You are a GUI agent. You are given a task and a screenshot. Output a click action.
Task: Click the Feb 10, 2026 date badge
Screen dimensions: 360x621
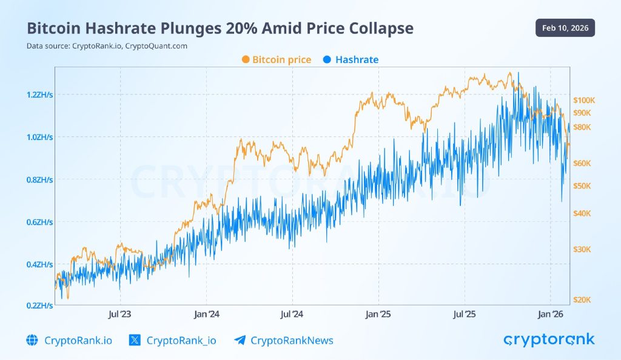(565, 28)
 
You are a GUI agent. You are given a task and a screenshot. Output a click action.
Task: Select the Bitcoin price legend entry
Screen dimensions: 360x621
(276, 59)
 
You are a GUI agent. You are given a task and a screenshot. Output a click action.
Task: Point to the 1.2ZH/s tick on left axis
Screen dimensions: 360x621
(39, 95)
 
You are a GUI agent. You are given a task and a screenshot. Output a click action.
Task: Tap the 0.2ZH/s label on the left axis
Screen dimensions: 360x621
(39, 307)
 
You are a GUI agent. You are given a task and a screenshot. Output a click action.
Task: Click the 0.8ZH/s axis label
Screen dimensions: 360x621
(39, 180)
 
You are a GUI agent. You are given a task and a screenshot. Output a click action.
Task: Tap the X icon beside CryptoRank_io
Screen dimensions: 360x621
(135, 340)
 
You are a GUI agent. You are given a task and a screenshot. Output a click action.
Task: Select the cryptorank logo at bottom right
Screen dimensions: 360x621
(549, 339)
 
